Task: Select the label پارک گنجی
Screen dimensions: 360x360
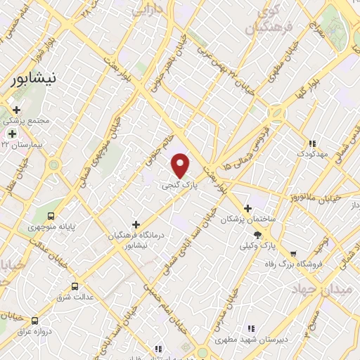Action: click(x=176, y=186)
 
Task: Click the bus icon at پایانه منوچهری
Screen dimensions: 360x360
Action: click(x=50, y=216)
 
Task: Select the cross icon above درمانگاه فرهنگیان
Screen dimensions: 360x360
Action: click(x=136, y=224)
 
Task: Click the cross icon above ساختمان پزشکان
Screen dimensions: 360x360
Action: click(x=247, y=208)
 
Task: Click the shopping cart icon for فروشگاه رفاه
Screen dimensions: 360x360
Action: click(x=293, y=254)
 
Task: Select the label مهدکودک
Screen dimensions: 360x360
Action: click(x=309, y=153)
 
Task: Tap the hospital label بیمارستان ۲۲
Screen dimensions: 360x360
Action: click(x=28, y=143)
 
